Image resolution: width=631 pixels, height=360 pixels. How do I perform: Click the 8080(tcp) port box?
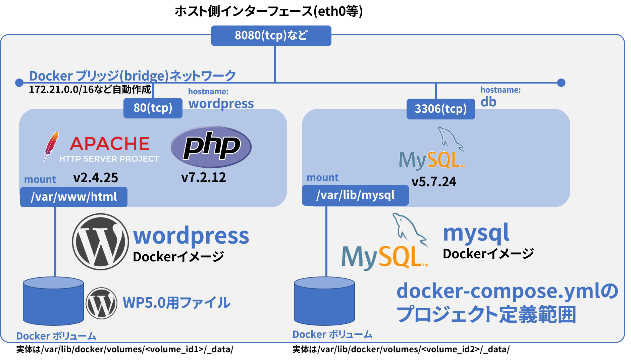271,36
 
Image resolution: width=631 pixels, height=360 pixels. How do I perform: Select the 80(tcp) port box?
153,108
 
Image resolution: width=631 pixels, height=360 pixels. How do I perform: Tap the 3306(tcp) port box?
440,109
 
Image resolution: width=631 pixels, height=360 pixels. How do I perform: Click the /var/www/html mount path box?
74,197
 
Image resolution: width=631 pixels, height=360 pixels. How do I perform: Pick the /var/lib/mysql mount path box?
355,195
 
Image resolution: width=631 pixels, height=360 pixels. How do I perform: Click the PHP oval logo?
211,147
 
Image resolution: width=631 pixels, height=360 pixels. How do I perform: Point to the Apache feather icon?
51,146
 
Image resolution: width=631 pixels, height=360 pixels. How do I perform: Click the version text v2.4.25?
96,178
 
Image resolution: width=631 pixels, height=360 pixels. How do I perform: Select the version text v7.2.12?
204,177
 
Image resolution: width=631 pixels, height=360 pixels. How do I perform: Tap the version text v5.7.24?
434,182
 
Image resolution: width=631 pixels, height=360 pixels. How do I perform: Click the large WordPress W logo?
100,242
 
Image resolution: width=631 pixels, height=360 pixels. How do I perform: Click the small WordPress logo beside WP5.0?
101,303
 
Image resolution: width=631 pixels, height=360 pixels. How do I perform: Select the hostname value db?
488,102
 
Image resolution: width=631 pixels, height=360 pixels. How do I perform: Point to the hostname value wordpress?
221,104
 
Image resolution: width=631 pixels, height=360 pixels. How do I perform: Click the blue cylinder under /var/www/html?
53,301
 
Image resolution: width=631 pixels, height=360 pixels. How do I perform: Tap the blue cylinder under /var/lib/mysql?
324,301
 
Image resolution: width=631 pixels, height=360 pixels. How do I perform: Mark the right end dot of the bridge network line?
561,83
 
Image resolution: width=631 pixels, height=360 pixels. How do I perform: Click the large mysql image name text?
476,233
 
